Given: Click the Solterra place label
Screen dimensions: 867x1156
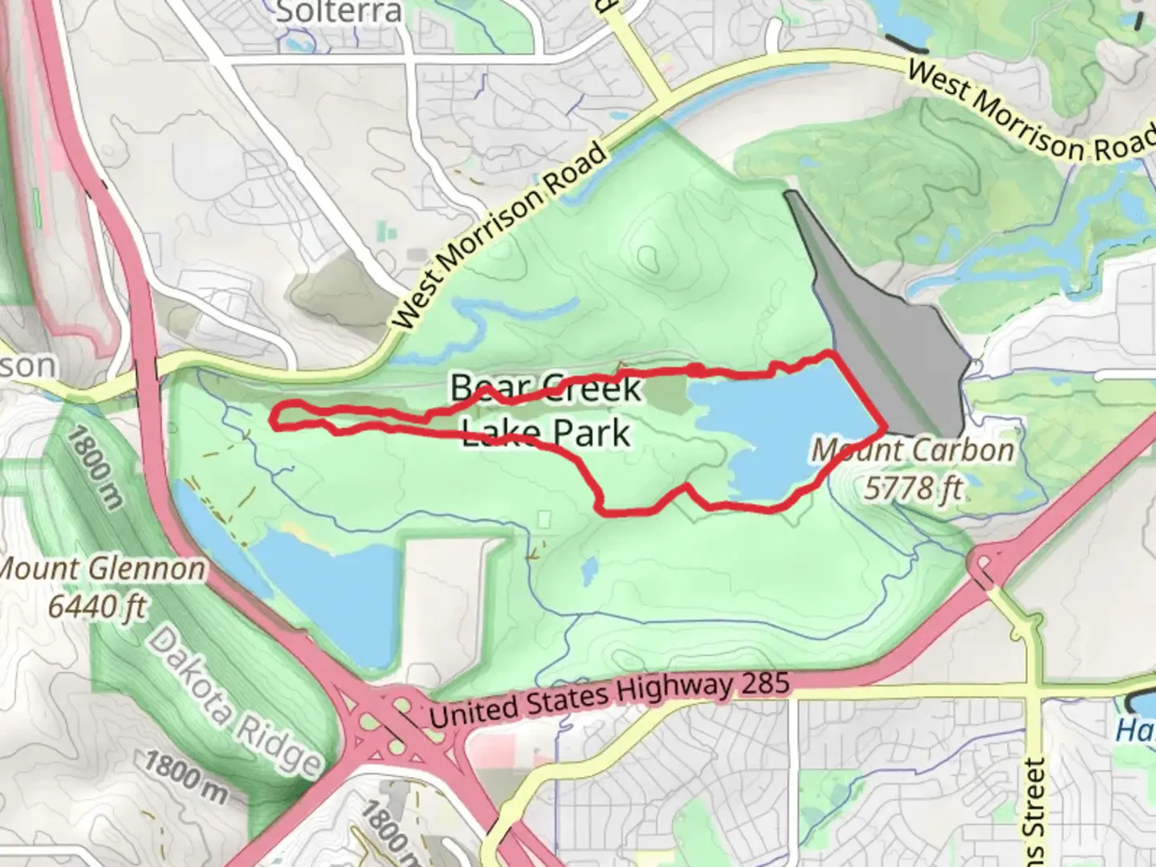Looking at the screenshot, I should [x=338, y=12].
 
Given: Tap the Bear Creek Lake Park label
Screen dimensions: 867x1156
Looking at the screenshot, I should [x=546, y=410].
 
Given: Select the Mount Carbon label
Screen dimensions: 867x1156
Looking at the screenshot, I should [x=913, y=450].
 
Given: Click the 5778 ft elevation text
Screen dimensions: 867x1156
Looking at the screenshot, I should [x=914, y=487].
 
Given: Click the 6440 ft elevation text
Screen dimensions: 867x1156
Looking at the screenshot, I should [x=97, y=606].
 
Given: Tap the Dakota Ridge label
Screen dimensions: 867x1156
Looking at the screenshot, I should [x=234, y=699].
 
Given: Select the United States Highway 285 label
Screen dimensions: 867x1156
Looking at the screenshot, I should [x=611, y=698].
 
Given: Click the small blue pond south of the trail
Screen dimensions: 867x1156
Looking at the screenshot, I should [x=589, y=571].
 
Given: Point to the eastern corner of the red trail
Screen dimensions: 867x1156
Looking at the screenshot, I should [x=885, y=424].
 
